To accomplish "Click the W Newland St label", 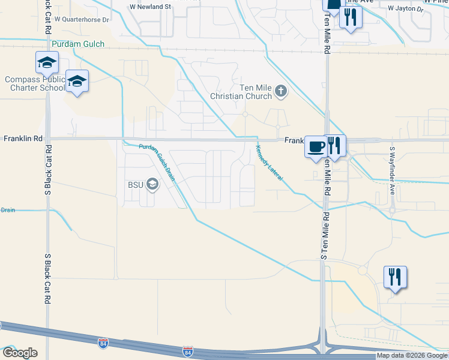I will coord(151,7).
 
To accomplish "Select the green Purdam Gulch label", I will coord(78,44).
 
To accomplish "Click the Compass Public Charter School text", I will coord(34,83).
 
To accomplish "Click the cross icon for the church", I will coord(281,92).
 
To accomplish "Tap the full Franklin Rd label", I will coord(23,138).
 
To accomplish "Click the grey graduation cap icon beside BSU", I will coord(152,185).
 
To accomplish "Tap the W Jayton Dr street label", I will coord(405,9).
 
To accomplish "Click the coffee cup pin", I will coord(316,146).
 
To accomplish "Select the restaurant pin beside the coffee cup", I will coord(335,146).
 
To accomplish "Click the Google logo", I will coord(19,353).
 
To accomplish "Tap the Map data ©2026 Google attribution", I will coord(412,356).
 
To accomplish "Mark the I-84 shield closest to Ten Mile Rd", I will coord(188,349).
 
